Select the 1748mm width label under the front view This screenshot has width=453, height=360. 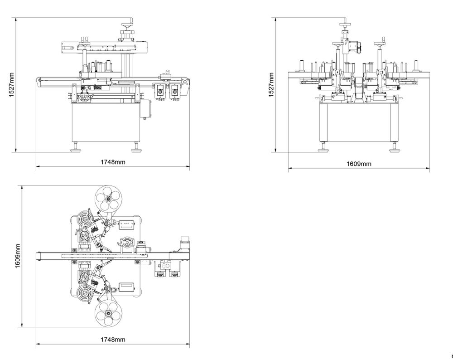click(x=112, y=162)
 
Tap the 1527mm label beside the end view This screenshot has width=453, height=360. click(x=270, y=84)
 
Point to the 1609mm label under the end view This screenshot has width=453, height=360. click(x=359, y=164)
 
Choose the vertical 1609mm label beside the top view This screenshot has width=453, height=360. click(x=18, y=256)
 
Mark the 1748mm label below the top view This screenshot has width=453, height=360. click(x=112, y=339)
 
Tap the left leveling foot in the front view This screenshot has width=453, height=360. click(x=76, y=148)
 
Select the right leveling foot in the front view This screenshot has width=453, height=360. click(x=135, y=148)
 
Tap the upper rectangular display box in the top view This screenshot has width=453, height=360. click(x=127, y=224)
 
